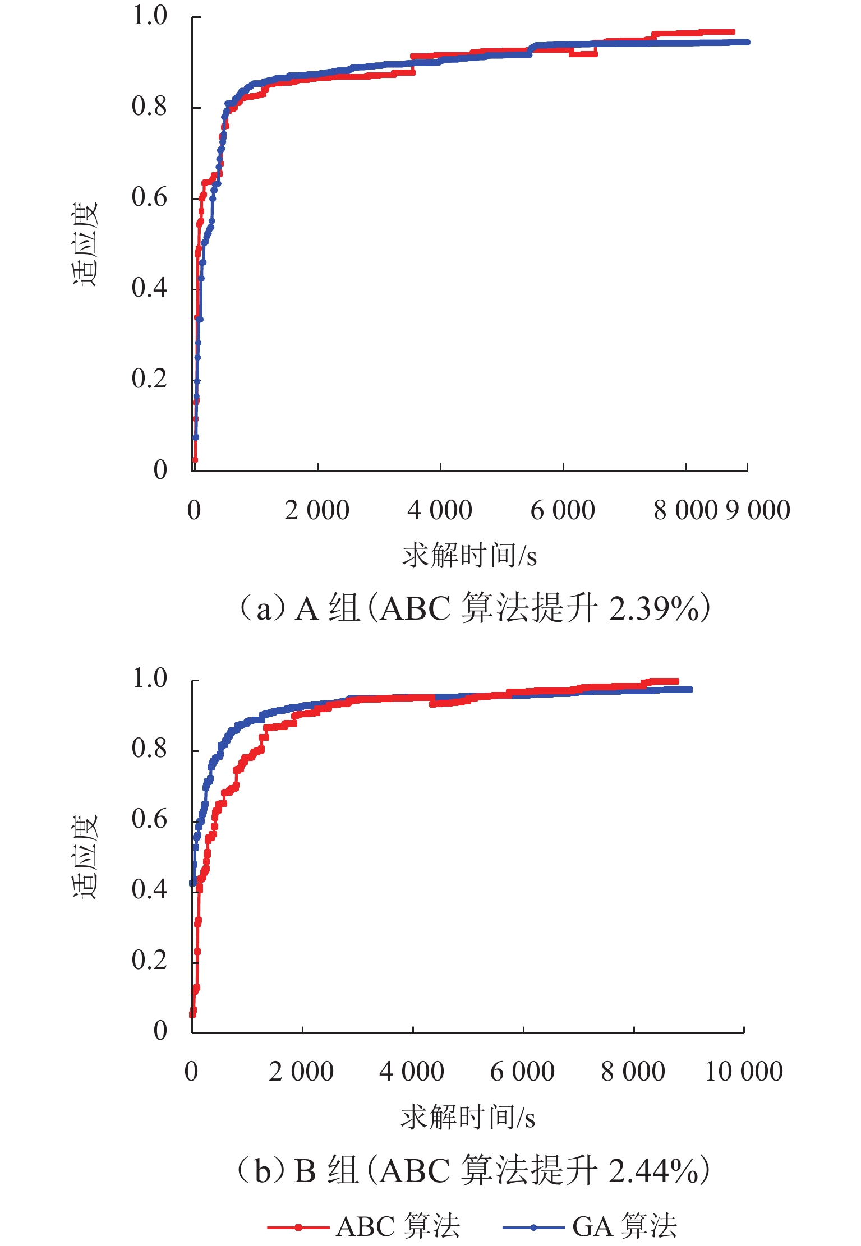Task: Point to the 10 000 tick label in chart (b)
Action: (744, 1072)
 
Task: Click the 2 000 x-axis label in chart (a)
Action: (317, 510)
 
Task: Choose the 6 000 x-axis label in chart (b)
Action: (522, 1072)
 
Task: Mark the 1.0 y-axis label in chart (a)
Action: (149, 16)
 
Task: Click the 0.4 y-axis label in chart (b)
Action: (149, 889)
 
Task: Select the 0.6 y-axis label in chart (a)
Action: (149, 197)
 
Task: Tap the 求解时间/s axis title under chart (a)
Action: (469, 556)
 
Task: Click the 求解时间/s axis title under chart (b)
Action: (468, 1117)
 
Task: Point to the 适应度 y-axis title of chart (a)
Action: (85, 244)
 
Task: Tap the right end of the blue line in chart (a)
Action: (747, 42)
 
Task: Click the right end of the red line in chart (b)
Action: (676, 681)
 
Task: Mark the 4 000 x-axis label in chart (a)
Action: (440, 510)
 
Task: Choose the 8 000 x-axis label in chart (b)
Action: (633, 1072)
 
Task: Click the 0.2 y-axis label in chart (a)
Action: (149, 379)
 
